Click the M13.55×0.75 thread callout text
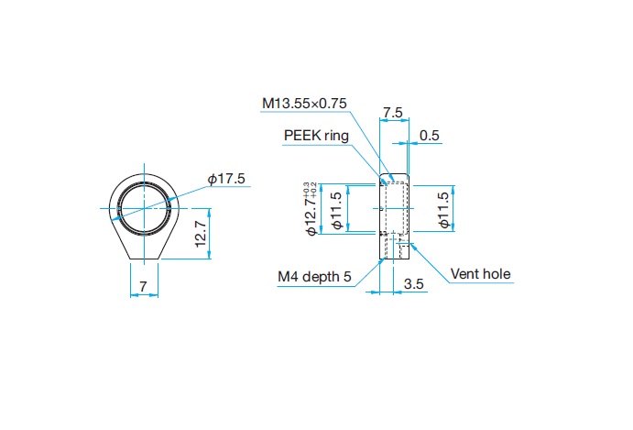click(x=304, y=104)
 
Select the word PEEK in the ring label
click(x=301, y=136)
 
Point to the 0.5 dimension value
click(x=430, y=136)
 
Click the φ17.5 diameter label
click(x=227, y=179)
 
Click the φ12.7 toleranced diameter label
click(x=311, y=214)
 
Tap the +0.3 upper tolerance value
click(x=305, y=189)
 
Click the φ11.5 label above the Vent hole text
click(x=444, y=210)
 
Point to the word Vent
click(x=465, y=273)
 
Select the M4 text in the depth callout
click(x=289, y=275)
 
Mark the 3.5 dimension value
click(x=414, y=285)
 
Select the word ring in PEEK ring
click(x=336, y=136)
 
